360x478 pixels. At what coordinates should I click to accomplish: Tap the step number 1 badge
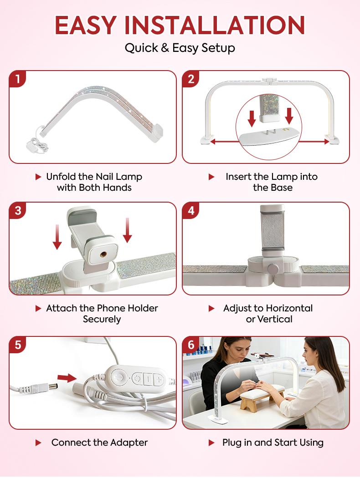18,79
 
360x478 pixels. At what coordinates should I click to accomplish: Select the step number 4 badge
191,211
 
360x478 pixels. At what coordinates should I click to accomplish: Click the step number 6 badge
191,345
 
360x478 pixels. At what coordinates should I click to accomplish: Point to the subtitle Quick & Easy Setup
180,48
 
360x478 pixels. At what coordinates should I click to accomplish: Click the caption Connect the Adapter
99,442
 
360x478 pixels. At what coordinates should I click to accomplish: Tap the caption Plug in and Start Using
273,442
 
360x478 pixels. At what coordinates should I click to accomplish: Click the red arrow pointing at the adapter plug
67,377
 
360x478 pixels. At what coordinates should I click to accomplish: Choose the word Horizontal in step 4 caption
290,308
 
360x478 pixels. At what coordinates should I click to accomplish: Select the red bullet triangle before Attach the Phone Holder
38,308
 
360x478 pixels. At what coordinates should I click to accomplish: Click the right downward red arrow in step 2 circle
289,117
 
